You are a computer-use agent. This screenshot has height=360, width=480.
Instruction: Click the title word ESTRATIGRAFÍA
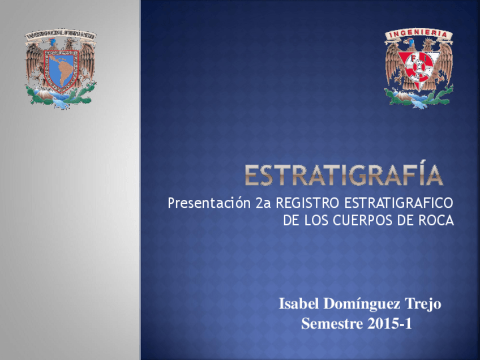coord(344,175)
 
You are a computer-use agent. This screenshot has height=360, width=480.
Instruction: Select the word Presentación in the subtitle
coord(209,203)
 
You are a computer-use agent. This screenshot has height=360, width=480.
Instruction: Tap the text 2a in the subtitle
coord(264,203)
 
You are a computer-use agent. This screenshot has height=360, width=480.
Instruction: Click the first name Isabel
coord(298,305)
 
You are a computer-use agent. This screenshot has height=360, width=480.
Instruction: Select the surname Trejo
coord(423,305)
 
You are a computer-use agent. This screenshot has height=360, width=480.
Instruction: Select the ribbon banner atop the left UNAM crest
coord(61,35)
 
